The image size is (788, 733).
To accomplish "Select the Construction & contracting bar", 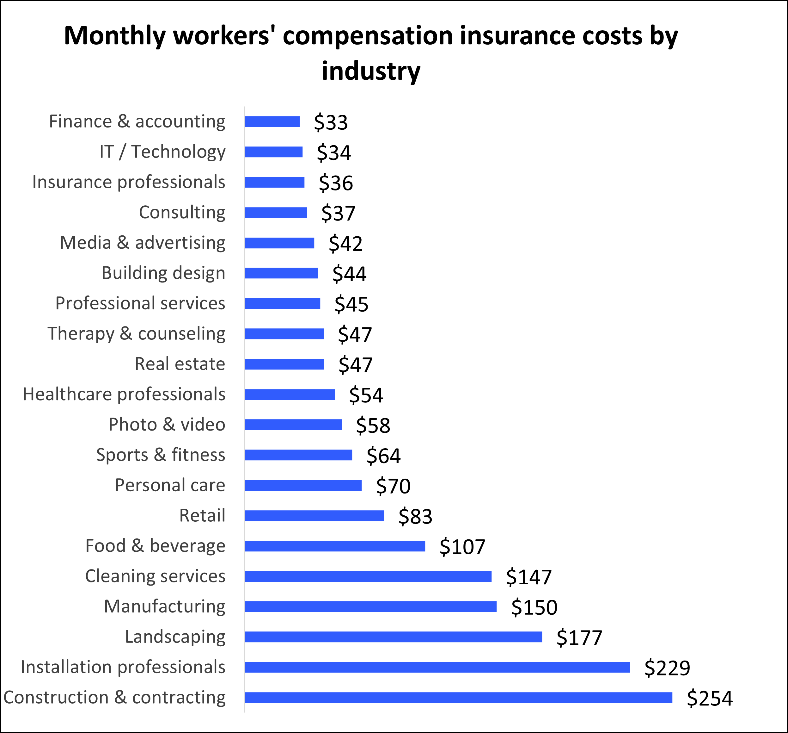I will click(458, 698).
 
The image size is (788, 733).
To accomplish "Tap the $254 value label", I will click(710, 699).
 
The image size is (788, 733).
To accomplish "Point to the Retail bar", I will click(314, 516).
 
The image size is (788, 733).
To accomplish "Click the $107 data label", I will click(462, 547).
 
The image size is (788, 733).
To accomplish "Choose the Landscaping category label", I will click(175, 637).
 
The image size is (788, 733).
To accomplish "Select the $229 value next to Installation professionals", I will click(667, 668).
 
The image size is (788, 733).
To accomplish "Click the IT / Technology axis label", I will click(162, 152).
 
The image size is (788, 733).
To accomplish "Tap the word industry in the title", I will click(371, 71).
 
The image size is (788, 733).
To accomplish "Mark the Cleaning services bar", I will click(368, 576).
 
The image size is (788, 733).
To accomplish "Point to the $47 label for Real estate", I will click(355, 365).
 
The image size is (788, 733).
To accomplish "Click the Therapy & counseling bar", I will click(284, 334).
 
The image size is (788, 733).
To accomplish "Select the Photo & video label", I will click(167, 425).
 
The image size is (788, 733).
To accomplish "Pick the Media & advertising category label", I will click(142, 243).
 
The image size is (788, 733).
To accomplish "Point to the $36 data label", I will click(336, 183).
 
